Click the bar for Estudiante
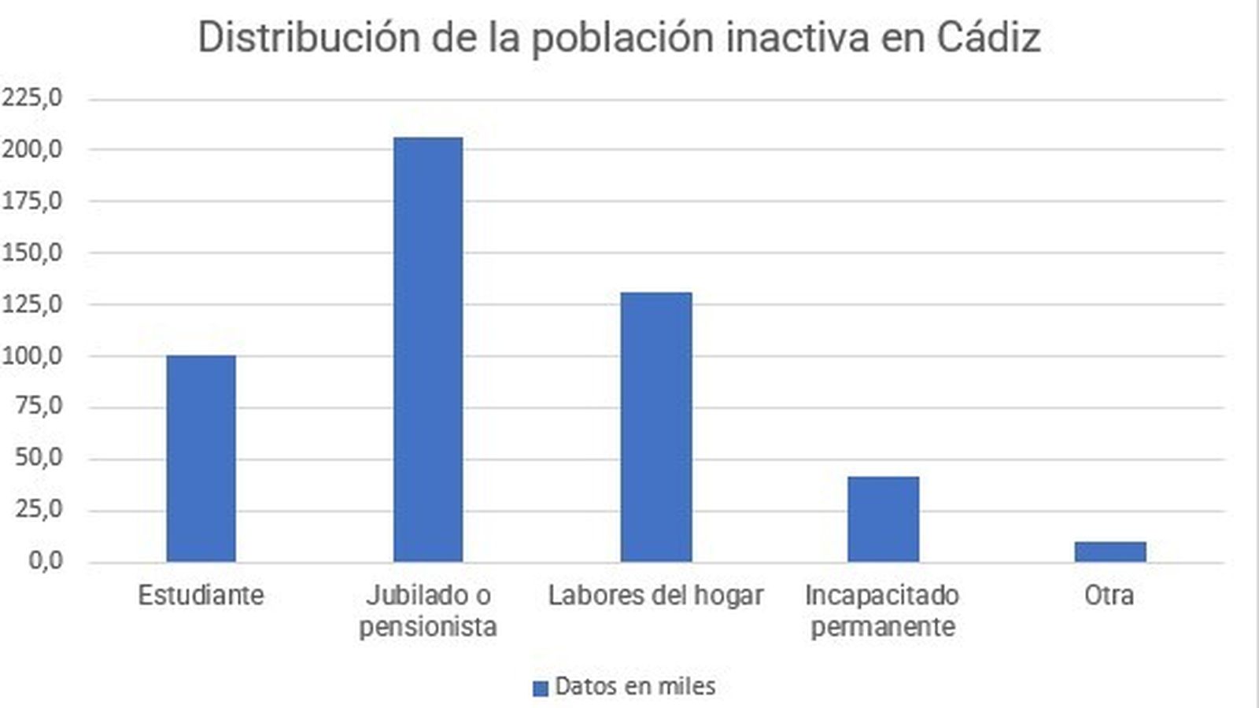click(201, 459)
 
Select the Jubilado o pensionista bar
click(428, 350)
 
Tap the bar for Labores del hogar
click(655, 427)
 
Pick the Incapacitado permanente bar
click(883, 519)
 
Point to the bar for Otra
click(1109, 551)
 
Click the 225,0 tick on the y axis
click(31, 98)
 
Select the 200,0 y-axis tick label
click(31, 149)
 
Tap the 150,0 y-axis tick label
click(31, 253)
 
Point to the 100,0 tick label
click(31, 356)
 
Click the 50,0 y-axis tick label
click(38, 459)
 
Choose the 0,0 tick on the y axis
click(45, 562)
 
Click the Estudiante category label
click(201, 596)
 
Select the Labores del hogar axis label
click(655, 596)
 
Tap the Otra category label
click(1109, 596)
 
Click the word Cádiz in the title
click(988, 37)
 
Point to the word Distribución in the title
click(308, 37)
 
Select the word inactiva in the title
click(796, 37)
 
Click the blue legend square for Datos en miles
click(540, 688)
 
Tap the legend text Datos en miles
click(635, 687)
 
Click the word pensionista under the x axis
click(428, 627)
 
